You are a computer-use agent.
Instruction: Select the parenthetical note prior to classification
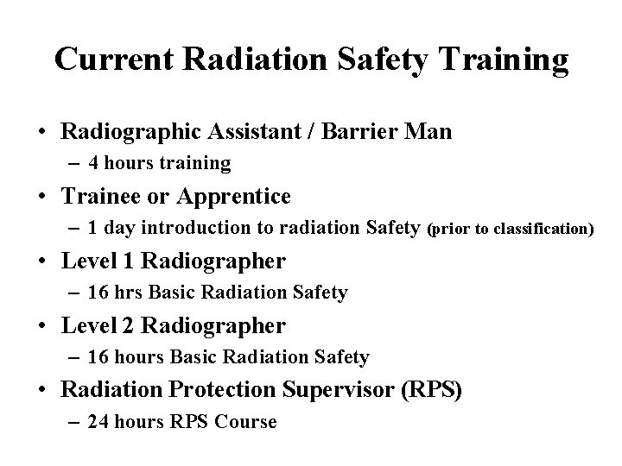(x=511, y=229)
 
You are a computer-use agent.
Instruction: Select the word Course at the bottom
(x=244, y=422)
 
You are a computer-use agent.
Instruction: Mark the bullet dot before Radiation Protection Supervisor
(x=41, y=391)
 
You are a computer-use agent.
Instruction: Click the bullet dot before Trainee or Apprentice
(x=41, y=197)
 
